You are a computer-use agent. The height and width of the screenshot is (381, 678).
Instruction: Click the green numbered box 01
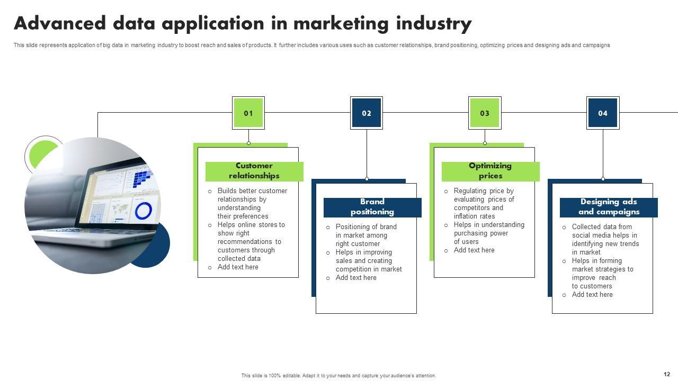pyautogui.click(x=248, y=113)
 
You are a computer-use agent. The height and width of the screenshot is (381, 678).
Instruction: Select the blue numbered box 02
pyautogui.click(x=367, y=113)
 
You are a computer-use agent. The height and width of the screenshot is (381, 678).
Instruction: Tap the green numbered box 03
pyautogui.click(x=485, y=113)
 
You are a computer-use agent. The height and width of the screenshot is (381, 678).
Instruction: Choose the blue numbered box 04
pyautogui.click(x=603, y=113)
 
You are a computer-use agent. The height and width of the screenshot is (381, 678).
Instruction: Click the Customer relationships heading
pyautogui.click(x=254, y=171)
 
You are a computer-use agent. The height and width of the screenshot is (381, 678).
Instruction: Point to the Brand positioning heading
pyautogui.click(x=372, y=207)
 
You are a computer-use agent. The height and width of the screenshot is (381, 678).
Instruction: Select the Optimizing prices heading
pyautogui.click(x=490, y=171)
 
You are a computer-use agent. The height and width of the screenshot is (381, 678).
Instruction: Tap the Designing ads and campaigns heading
pyautogui.click(x=609, y=207)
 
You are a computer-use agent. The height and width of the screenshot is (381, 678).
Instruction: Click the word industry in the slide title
pyautogui.click(x=434, y=24)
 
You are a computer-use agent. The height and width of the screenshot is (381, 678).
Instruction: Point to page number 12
pyautogui.click(x=667, y=375)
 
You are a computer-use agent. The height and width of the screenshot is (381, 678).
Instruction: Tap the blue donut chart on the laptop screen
pyautogui.click(x=144, y=211)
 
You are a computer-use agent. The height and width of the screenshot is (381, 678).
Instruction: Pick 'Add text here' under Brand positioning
pyautogui.click(x=356, y=278)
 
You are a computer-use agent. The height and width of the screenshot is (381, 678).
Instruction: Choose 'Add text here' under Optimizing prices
pyautogui.click(x=474, y=250)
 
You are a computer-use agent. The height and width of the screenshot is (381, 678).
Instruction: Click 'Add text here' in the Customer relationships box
pyautogui.click(x=238, y=267)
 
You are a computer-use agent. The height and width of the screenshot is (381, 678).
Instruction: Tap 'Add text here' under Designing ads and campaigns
pyautogui.click(x=592, y=295)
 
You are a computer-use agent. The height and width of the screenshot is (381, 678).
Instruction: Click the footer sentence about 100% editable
pyautogui.click(x=338, y=376)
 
